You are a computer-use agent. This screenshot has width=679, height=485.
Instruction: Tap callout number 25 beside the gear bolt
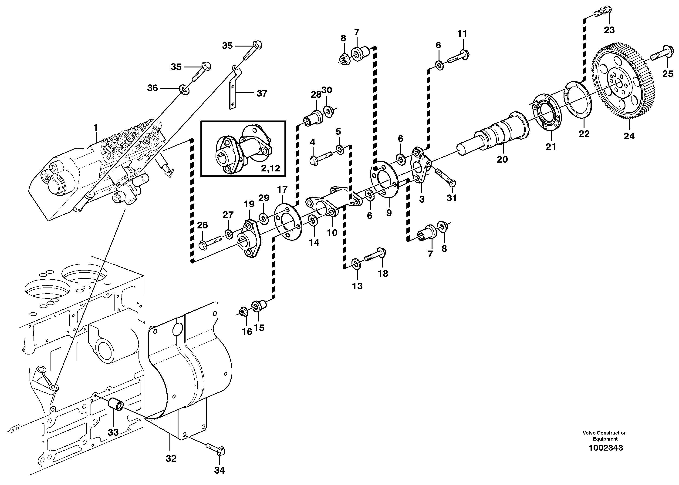tap(668, 74)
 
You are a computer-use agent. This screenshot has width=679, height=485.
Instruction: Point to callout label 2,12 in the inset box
tap(270, 168)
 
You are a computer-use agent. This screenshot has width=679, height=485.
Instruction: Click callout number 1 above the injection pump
tap(96, 128)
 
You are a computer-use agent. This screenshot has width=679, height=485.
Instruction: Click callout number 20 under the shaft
tap(502, 159)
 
